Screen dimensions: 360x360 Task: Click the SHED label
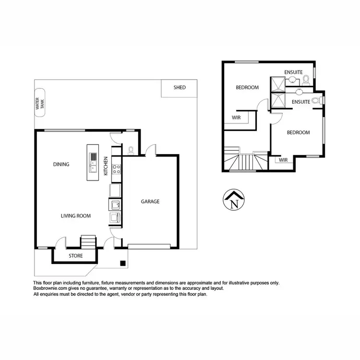click(180, 87)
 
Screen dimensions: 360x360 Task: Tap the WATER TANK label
click(38, 104)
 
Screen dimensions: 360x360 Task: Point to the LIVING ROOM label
click(76, 216)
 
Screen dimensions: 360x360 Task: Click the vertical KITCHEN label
click(106, 165)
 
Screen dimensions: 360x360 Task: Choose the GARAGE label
click(150, 202)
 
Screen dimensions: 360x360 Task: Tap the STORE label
click(76, 256)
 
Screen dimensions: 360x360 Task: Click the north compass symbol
click(234, 200)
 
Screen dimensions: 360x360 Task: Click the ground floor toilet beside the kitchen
click(131, 150)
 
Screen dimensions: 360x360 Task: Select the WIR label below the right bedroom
click(283, 160)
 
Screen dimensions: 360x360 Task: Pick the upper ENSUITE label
click(293, 72)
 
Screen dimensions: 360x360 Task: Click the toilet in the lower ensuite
click(315, 101)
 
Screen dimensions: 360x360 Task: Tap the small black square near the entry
click(123, 263)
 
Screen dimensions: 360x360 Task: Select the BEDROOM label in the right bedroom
click(298, 132)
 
